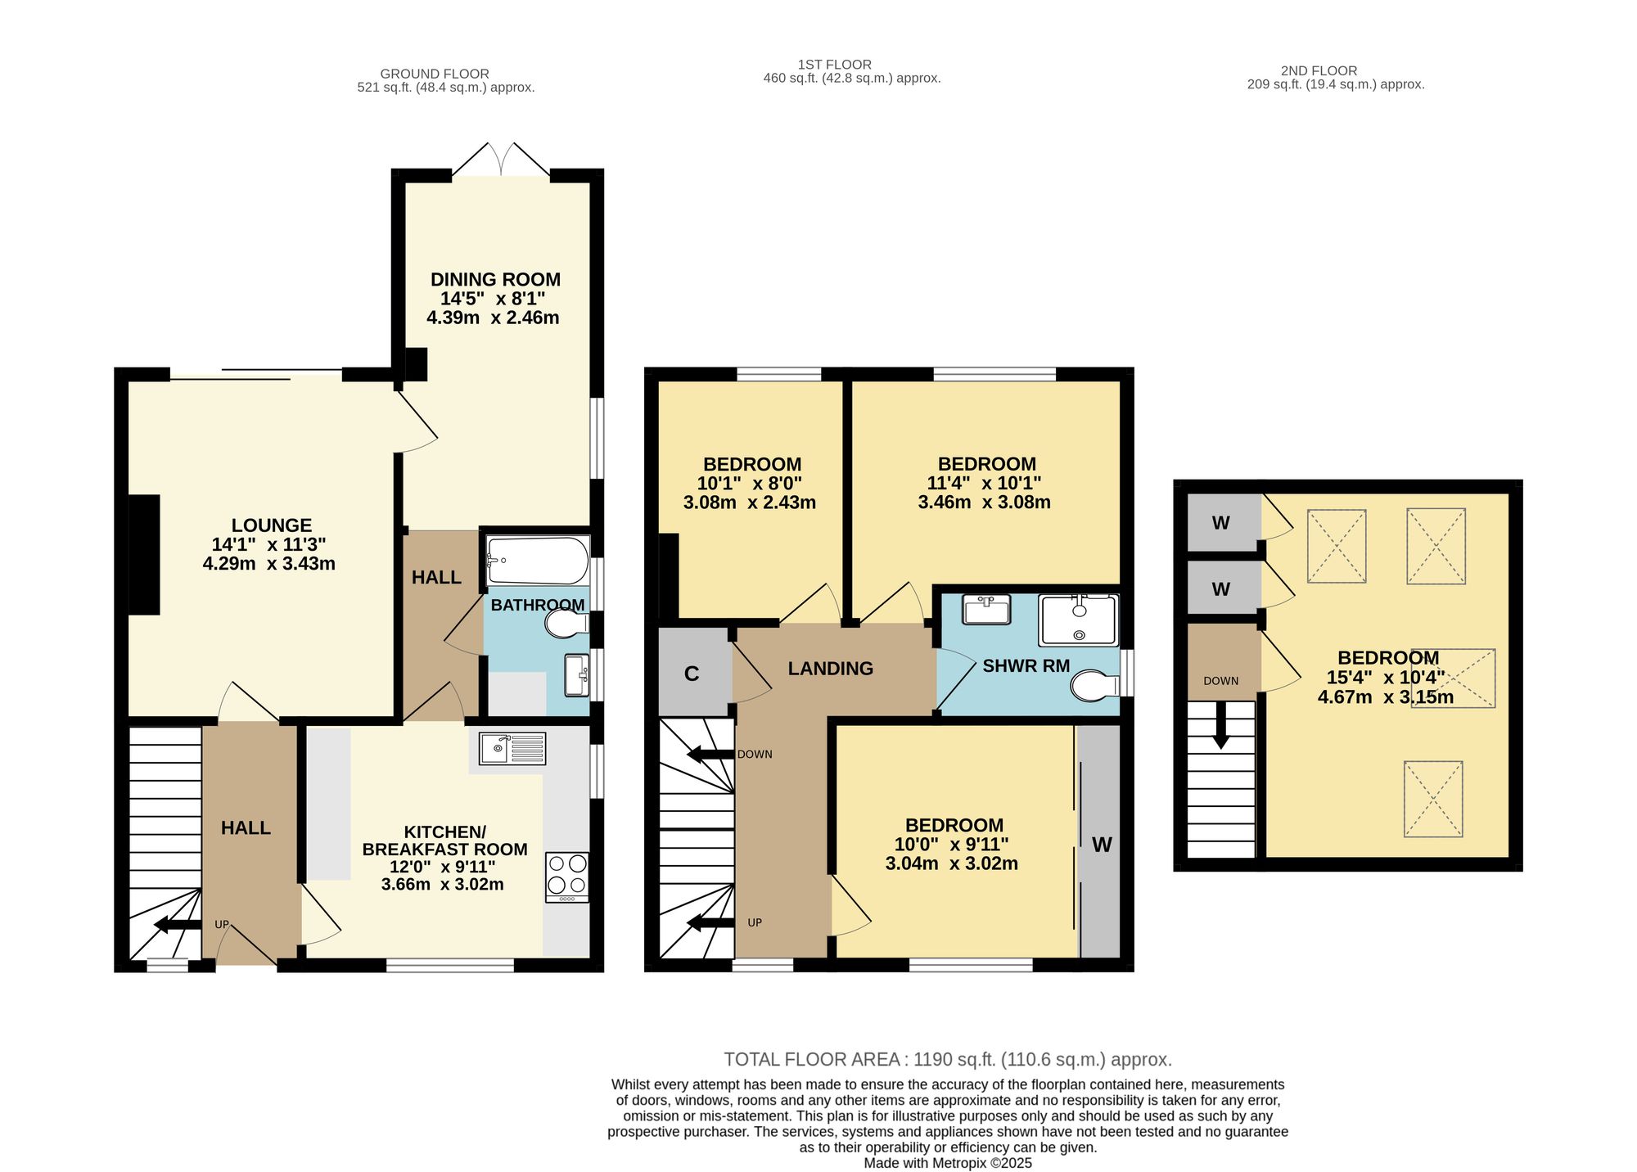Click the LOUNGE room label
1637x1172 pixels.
272,525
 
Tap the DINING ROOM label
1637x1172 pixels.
495,280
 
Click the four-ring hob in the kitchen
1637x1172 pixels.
567,877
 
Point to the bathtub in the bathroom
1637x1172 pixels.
538,560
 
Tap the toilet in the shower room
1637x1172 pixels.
1095,686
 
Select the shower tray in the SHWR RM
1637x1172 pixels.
1078,620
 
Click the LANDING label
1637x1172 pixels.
831,669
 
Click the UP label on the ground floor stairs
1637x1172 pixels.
222,925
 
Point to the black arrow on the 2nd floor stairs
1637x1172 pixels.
1221,724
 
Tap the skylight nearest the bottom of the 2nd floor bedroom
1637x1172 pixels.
1433,799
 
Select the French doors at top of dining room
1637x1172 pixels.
501,160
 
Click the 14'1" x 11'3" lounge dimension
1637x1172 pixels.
269,544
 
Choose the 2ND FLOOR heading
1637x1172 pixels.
1319,71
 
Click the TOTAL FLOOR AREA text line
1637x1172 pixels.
948,1060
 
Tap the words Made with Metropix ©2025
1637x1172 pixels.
948,1163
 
